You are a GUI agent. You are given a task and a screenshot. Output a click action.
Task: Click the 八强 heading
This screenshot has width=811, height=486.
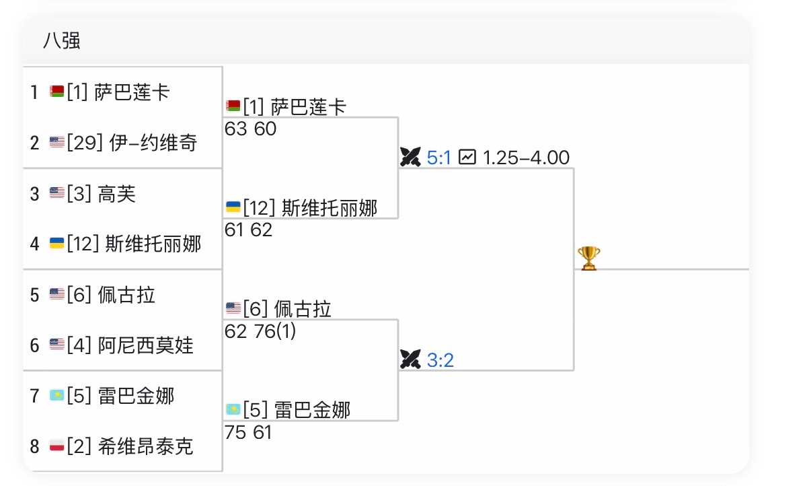pos(62,41)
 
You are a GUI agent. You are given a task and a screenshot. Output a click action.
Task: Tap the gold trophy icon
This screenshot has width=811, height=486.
pos(588,258)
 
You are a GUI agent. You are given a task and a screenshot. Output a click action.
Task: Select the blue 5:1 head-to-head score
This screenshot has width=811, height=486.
pos(439,158)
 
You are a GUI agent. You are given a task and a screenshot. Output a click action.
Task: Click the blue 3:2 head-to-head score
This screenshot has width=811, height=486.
pos(440,360)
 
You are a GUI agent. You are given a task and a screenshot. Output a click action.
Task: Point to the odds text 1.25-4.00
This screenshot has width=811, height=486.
pos(526,158)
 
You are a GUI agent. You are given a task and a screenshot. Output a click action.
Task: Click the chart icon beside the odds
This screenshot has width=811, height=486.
pos(467,158)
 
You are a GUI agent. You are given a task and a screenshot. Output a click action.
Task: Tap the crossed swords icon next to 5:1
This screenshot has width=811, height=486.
pos(410,158)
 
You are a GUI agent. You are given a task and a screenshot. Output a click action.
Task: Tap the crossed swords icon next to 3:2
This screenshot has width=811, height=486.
pos(410,360)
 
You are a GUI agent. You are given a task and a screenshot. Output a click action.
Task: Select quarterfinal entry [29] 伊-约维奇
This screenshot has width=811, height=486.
pos(132,143)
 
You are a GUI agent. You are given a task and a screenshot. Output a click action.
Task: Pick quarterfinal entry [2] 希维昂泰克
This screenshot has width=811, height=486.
pos(130,446)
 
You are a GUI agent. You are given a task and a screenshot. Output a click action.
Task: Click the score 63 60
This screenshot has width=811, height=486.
pos(251,129)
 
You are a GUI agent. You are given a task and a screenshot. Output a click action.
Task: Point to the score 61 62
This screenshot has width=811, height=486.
pos(249,230)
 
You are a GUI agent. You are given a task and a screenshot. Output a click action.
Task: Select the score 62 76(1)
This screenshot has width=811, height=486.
pos(260,331)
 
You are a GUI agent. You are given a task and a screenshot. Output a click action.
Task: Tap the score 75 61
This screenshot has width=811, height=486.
pos(249,432)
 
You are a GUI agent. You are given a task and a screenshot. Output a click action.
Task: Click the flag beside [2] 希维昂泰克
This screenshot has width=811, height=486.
pos(57,446)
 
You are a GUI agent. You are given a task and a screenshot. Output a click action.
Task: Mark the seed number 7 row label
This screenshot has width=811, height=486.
pos(34,396)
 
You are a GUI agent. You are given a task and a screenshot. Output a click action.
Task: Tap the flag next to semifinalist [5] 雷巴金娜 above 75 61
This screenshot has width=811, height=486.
pos(233,409)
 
